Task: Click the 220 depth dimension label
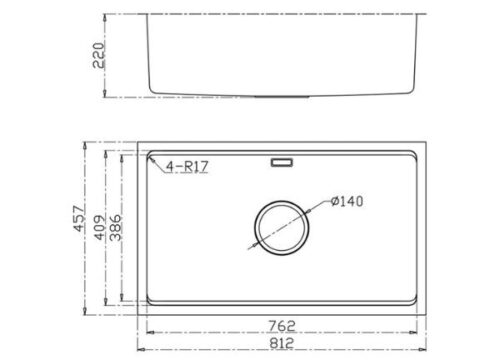click(99, 55)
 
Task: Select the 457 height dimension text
click(80, 218)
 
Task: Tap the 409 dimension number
click(100, 228)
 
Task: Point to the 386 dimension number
click(116, 228)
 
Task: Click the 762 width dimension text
click(282, 326)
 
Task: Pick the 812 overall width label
click(282, 343)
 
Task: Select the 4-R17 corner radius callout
click(187, 166)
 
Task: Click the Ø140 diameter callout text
click(347, 201)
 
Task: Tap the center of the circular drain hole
click(282, 228)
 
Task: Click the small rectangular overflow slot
click(282, 163)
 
